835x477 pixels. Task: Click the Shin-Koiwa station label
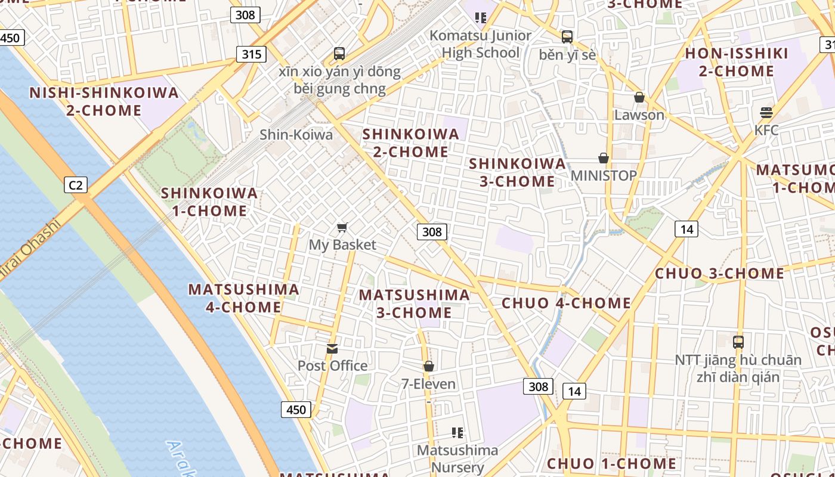coord(296,135)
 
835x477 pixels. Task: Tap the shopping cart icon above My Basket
coord(342,227)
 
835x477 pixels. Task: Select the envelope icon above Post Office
coord(332,348)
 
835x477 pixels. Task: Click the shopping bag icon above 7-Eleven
coord(428,366)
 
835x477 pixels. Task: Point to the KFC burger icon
coord(766,112)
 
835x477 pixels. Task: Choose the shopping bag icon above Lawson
coord(639,97)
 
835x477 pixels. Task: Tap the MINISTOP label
coord(604,175)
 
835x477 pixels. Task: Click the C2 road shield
coord(76,185)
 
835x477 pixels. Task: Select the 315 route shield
coord(251,54)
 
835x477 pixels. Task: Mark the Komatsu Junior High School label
coord(480,44)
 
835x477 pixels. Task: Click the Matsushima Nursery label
coord(457,459)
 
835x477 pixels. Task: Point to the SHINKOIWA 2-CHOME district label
coord(411,143)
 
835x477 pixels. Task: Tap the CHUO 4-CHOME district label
coord(566,303)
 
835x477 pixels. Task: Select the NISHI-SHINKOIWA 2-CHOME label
coord(104,101)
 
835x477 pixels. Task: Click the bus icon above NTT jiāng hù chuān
coord(738,342)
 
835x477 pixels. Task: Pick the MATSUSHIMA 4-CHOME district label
coord(243,298)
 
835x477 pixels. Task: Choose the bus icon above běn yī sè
coord(567,37)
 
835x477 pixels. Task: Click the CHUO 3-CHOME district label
coord(719,274)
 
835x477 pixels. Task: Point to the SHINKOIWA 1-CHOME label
coord(209,202)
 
